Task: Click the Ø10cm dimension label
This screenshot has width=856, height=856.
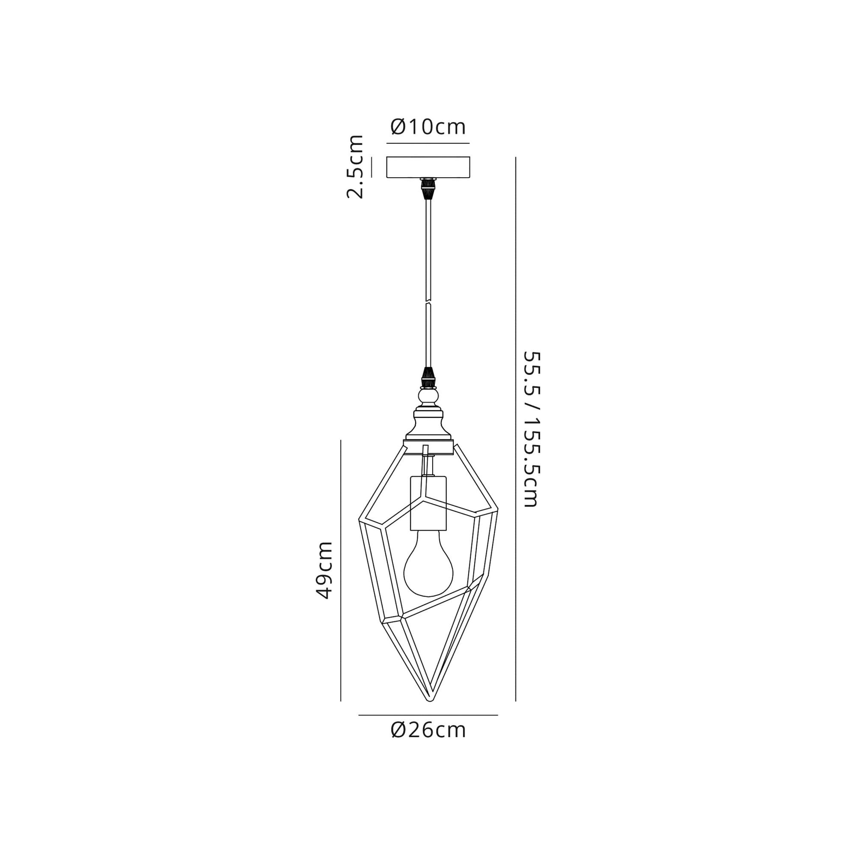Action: [428, 127]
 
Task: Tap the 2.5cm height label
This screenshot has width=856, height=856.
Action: [355, 166]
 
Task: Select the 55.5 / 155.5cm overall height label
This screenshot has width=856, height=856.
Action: [531, 429]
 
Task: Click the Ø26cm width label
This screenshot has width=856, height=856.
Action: [428, 730]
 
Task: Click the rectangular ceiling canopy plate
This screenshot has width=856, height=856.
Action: [428, 167]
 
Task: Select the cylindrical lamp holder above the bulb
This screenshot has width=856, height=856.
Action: [428, 503]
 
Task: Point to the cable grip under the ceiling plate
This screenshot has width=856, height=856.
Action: [428, 188]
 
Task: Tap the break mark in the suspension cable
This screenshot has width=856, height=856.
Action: [428, 302]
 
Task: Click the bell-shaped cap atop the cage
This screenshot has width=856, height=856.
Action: [428, 424]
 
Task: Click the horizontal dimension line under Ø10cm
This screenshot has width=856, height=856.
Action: [428, 143]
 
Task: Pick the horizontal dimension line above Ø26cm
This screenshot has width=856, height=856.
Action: [428, 715]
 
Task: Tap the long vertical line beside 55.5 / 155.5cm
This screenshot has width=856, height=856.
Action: [516, 429]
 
